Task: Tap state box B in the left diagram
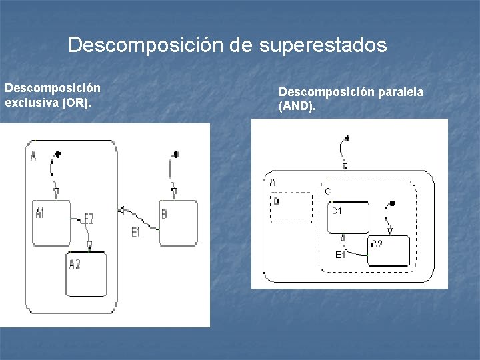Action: (178, 223)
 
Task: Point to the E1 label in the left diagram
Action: (136, 232)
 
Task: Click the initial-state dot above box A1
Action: (58, 155)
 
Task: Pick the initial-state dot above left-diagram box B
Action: (177, 155)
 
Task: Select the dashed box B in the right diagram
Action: (291, 207)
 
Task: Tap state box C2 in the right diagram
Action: (389, 251)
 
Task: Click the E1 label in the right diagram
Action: (340, 255)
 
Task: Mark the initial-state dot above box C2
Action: (392, 203)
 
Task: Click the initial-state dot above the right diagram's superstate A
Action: (347, 139)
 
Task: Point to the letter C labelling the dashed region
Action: (327, 192)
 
